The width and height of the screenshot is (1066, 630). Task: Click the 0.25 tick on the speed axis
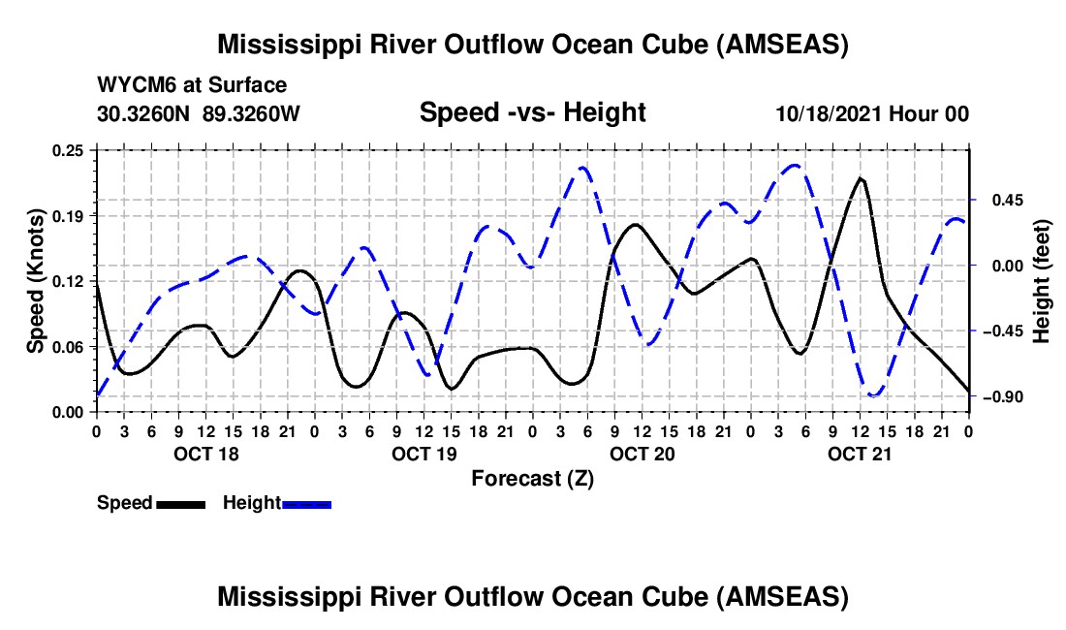[x=68, y=150]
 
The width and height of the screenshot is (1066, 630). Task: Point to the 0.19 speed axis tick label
[x=68, y=216]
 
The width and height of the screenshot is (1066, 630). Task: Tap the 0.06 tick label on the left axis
[x=68, y=347]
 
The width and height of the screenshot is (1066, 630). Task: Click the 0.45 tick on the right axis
[x=1008, y=201]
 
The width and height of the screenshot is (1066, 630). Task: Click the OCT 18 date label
[x=206, y=454]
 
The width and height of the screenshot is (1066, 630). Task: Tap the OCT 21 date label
[x=860, y=454]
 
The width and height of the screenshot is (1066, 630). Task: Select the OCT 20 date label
[x=642, y=454]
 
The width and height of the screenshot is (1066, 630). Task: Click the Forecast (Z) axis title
[x=532, y=479]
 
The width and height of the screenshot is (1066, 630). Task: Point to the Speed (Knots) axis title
[x=35, y=281]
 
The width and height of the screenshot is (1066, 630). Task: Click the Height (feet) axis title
[x=1041, y=281]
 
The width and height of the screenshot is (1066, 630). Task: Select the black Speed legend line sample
[x=180, y=504]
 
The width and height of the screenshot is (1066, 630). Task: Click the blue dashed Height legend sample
[x=306, y=504]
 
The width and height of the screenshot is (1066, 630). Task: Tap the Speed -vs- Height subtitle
[x=532, y=112]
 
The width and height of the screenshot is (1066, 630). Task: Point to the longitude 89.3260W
[x=251, y=113]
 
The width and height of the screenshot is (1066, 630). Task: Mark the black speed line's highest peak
[x=861, y=178]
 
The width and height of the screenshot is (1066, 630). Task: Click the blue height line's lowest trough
[x=874, y=394]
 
